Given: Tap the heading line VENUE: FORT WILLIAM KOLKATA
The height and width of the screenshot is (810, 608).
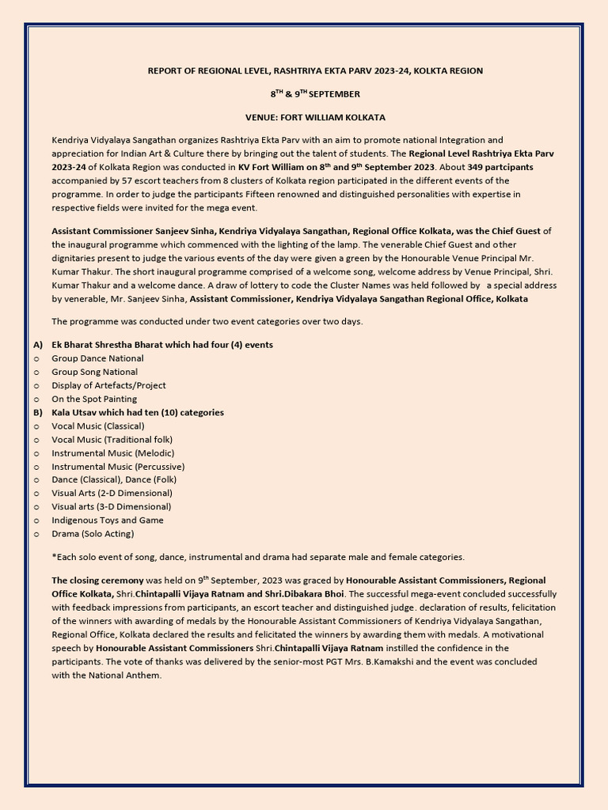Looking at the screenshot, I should pyautogui.click(x=315, y=117).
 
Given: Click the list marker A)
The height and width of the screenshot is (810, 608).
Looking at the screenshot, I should pyautogui.click(x=38, y=345).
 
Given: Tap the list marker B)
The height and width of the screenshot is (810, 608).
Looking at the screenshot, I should pyautogui.click(x=38, y=412).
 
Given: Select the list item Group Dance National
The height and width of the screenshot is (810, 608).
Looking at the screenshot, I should pyautogui.click(x=97, y=358).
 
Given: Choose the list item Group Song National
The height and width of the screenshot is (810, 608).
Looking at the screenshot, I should pyautogui.click(x=94, y=372).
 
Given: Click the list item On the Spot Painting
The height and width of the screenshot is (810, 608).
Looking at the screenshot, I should pyautogui.click(x=94, y=399).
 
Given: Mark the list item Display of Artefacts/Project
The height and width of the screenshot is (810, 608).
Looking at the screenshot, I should pyautogui.click(x=108, y=385).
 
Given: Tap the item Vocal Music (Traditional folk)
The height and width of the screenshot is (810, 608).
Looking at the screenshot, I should pyautogui.click(x=112, y=439).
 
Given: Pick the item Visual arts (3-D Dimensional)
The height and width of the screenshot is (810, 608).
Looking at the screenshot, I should pyautogui.click(x=111, y=506).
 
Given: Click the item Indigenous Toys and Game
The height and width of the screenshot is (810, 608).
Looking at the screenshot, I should pyautogui.click(x=108, y=520).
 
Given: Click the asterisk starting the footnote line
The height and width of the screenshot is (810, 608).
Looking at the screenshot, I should pyautogui.click(x=54, y=556).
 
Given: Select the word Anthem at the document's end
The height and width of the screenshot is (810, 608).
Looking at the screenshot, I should pyautogui.click(x=143, y=675).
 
